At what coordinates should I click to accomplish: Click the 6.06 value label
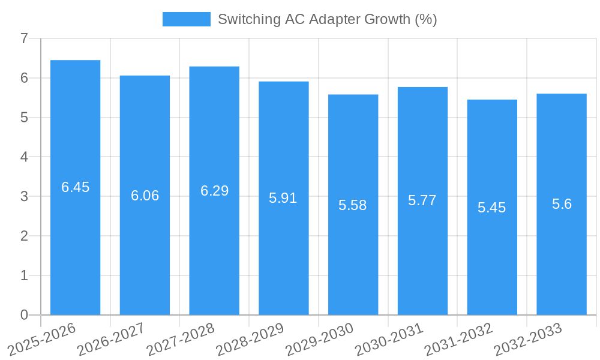tap(145, 196)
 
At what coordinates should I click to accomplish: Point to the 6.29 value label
tap(214, 191)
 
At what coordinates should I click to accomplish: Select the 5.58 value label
tap(353, 205)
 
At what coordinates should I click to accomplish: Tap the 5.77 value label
tap(422, 200)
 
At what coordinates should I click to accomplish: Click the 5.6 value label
tap(562, 204)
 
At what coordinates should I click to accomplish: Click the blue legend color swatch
tap(187, 19)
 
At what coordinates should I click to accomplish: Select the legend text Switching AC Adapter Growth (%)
tap(327, 19)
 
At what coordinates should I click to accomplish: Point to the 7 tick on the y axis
tap(24, 39)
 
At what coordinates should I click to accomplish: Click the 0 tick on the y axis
tap(24, 315)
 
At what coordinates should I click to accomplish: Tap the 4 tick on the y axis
tap(24, 157)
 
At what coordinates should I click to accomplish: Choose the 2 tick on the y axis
tap(24, 236)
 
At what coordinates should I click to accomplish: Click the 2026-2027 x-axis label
tap(111, 339)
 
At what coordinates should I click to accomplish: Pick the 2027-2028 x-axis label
tap(181, 339)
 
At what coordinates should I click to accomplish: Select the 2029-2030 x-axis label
tap(320, 339)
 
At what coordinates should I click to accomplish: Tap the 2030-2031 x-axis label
tap(389, 339)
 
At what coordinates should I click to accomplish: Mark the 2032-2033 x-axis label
tap(528, 339)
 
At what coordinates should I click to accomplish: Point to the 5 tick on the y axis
tap(24, 118)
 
